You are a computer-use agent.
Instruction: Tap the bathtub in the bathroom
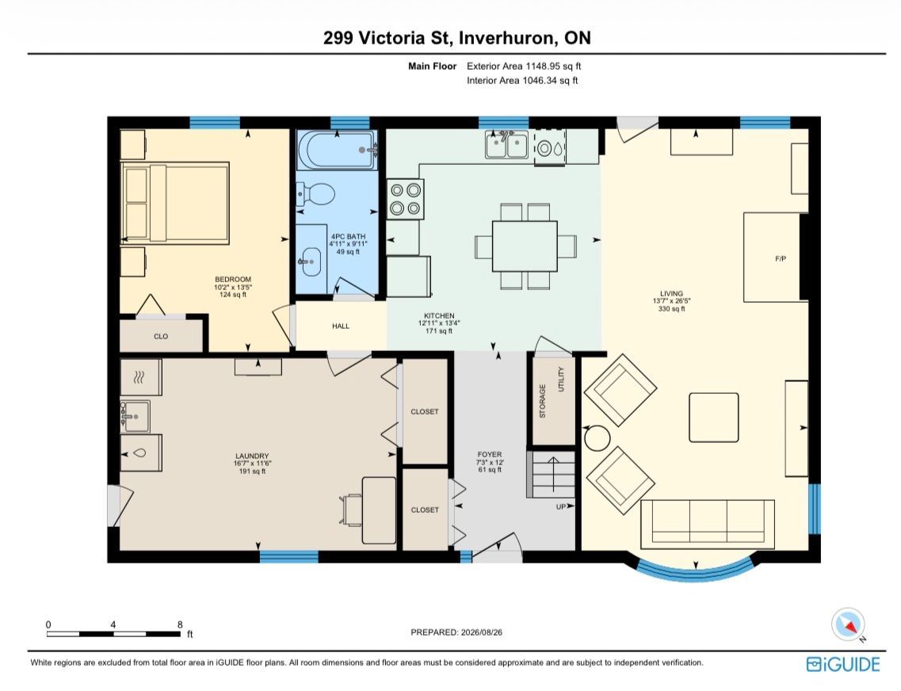point(337,150)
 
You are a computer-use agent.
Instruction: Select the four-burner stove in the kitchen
point(405,200)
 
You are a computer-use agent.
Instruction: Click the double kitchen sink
point(506,144)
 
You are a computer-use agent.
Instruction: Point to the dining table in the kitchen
point(525,246)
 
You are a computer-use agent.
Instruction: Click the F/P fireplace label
point(781,259)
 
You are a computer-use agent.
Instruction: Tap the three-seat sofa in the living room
point(708,524)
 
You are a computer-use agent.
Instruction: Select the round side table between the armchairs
point(597,438)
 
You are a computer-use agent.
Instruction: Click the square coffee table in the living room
point(714,418)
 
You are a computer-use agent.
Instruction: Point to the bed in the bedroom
point(175,202)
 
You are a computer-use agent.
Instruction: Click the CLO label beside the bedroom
point(161,337)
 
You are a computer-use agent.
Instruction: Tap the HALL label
point(341,326)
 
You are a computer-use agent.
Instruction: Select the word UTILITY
point(561,379)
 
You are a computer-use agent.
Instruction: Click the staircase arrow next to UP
point(553,475)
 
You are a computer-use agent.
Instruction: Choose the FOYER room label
point(490,454)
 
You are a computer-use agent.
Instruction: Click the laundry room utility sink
point(135,417)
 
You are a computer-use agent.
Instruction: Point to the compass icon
point(848,624)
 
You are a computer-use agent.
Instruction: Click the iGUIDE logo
point(843,665)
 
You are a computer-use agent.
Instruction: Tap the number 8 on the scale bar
point(180,624)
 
